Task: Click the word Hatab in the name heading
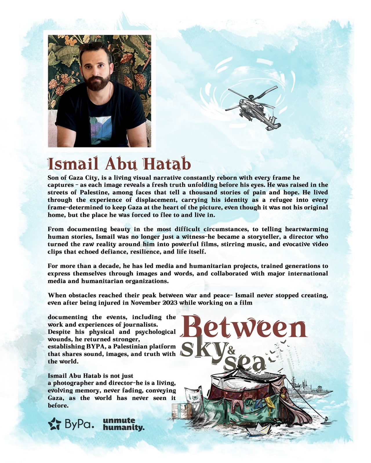[x=167, y=164]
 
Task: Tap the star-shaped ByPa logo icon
[x=55, y=424]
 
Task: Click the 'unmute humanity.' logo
[x=123, y=424]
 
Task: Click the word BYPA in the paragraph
[x=94, y=347]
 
